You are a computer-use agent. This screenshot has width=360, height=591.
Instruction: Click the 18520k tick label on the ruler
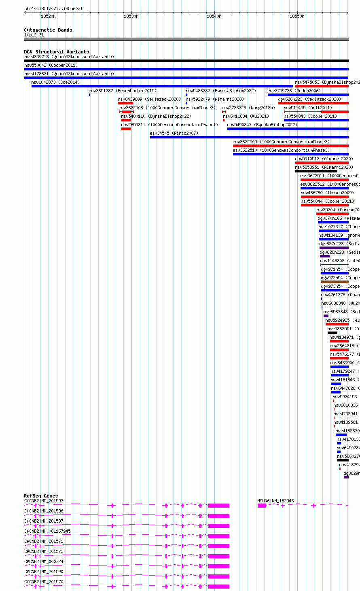tap(48, 16)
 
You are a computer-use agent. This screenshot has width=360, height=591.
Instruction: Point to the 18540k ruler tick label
tap(214, 16)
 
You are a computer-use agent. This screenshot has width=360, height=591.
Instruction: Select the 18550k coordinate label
tap(297, 16)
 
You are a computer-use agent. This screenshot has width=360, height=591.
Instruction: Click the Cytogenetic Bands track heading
tap(48, 30)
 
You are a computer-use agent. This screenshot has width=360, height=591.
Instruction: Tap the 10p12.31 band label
tap(34, 35)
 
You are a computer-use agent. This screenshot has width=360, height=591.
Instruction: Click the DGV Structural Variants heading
tap(56, 52)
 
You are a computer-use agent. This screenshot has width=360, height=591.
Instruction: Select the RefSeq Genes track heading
tap(41, 496)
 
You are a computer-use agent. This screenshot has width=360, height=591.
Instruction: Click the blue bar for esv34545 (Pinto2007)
tap(249, 137)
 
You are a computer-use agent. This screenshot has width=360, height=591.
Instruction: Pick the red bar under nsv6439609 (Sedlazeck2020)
tap(125, 103)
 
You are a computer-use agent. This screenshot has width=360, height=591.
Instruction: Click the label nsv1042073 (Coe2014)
tap(55, 82)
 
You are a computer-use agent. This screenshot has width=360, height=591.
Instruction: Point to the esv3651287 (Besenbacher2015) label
tap(123, 91)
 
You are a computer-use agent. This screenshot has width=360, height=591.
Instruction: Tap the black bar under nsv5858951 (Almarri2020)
tap(316, 171)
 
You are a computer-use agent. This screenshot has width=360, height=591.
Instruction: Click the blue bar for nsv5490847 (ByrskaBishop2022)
tap(288, 129)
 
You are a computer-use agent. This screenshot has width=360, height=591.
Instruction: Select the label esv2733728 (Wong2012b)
tap(248, 108)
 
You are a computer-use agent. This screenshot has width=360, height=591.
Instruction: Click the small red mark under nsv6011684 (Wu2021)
tap(224, 120)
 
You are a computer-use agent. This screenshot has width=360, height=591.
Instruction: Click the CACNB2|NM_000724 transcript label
tap(44, 561)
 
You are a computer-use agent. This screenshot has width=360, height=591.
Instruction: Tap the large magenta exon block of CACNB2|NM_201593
tap(218, 506)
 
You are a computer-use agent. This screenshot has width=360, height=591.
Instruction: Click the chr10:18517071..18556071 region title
tap(53, 9)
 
